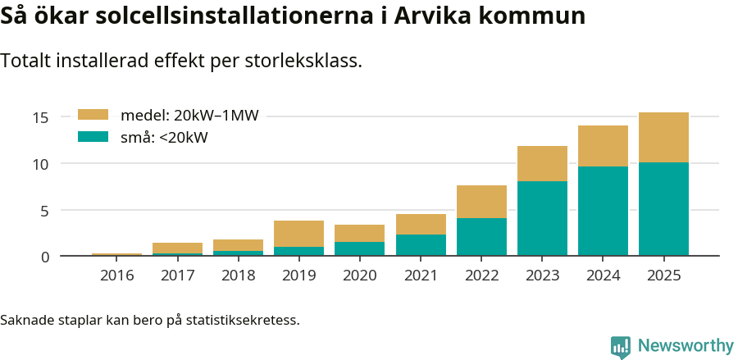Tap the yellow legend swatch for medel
pyautogui.click(x=93, y=116)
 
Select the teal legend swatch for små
pyautogui.click(x=93, y=137)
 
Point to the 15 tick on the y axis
pyautogui.click(x=41, y=118)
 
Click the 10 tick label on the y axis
pyautogui.click(x=41, y=164)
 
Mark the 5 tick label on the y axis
pyautogui.click(x=45, y=211)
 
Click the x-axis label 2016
pyautogui.click(x=117, y=276)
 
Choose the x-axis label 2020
pyautogui.click(x=360, y=276)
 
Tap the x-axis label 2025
pyautogui.click(x=663, y=276)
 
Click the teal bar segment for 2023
pyautogui.click(x=542, y=218)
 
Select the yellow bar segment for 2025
pyautogui.click(x=663, y=137)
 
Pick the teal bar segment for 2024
pyautogui.click(x=603, y=211)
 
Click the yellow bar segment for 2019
pyautogui.click(x=299, y=234)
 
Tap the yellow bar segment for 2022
pyautogui.click(x=481, y=202)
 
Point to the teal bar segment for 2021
pyautogui.click(x=421, y=245)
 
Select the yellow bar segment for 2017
pyautogui.click(x=178, y=248)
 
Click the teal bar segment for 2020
pyautogui.click(x=360, y=248)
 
